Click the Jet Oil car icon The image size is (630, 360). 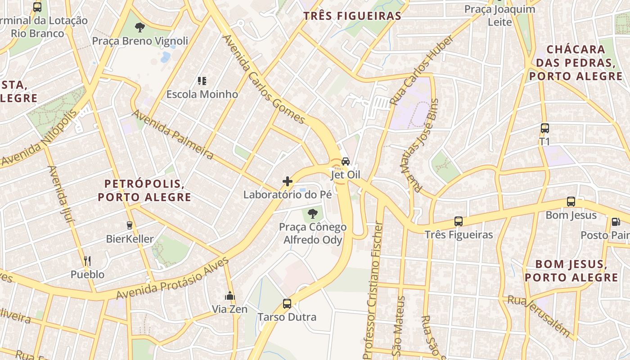pyautogui.click(x=346, y=161)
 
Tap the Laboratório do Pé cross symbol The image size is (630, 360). pyautogui.click(x=288, y=181)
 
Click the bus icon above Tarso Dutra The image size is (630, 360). pyautogui.click(x=287, y=304)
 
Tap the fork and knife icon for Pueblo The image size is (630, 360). pyautogui.click(x=87, y=261)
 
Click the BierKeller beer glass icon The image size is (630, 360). pyautogui.click(x=130, y=225)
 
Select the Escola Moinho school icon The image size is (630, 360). pyautogui.click(x=202, y=81)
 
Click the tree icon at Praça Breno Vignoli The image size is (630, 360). pyautogui.click(x=140, y=27)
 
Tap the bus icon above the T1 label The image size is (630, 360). pyautogui.click(x=545, y=128)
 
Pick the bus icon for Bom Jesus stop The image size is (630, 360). pyautogui.click(x=571, y=202)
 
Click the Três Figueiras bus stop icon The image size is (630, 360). pyautogui.click(x=459, y=221)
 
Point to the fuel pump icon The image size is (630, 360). pyautogui.click(x=615, y=222)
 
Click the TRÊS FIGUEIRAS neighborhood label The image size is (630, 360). pyautogui.click(x=352, y=16)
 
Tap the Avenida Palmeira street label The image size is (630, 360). pyautogui.click(x=172, y=135)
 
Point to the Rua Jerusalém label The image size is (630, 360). pyautogui.click(x=539, y=316)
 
